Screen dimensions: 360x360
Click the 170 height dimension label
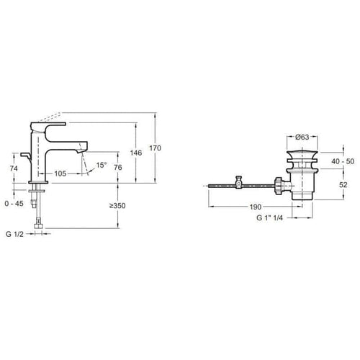155,148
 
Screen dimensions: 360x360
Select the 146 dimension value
136,153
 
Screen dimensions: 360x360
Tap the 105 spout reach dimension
60,174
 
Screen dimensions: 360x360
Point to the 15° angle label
102,165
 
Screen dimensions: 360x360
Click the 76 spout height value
118,167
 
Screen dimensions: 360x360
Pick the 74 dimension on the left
14,168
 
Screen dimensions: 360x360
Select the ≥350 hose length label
117,206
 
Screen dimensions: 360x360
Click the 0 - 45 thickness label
14,204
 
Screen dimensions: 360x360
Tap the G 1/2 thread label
14,234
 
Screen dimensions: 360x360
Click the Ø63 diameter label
302,137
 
